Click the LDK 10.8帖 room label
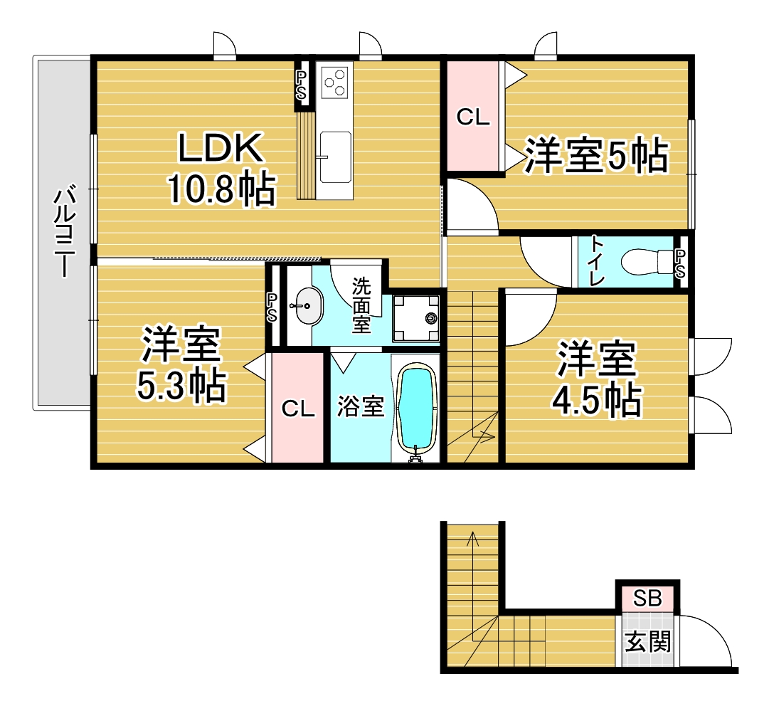[x=221, y=168]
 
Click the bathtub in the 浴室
[x=417, y=408]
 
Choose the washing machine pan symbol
[x=415, y=318]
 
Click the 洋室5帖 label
[x=596, y=155]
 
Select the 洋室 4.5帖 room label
[x=596, y=379]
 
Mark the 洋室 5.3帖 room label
[x=181, y=364]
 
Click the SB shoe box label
[x=647, y=599]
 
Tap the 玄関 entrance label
[x=647, y=642]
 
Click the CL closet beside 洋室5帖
[x=473, y=117]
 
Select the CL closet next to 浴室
[x=298, y=409]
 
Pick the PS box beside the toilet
[x=680, y=263]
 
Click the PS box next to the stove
[x=301, y=85]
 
